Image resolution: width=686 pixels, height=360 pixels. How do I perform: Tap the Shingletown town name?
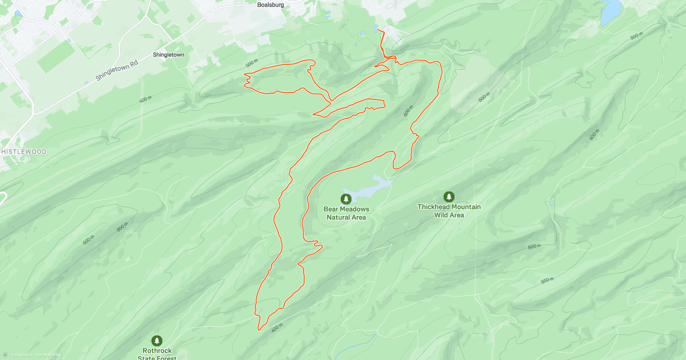(x=169, y=55)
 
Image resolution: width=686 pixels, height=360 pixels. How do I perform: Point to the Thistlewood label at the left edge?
(x=23, y=151)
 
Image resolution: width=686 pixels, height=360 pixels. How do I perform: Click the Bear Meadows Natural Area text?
(x=346, y=213)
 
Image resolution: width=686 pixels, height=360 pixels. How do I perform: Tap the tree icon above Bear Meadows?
(x=346, y=199)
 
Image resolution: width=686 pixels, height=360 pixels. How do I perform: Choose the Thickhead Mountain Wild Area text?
(x=449, y=211)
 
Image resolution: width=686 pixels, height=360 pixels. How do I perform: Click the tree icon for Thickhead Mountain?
(x=449, y=197)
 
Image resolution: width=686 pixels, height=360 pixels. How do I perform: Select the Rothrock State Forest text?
(x=157, y=354)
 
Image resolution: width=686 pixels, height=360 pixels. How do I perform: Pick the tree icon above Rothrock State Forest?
(x=157, y=341)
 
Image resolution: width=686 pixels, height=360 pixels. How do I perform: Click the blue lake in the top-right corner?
(x=611, y=11)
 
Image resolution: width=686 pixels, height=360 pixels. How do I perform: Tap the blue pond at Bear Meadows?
(x=369, y=189)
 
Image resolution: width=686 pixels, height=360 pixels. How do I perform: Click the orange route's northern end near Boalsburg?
(x=379, y=30)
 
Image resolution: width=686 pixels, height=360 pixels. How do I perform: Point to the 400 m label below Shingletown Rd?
(x=145, y=99)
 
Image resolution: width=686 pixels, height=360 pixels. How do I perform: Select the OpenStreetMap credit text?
(x=47, y=355)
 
